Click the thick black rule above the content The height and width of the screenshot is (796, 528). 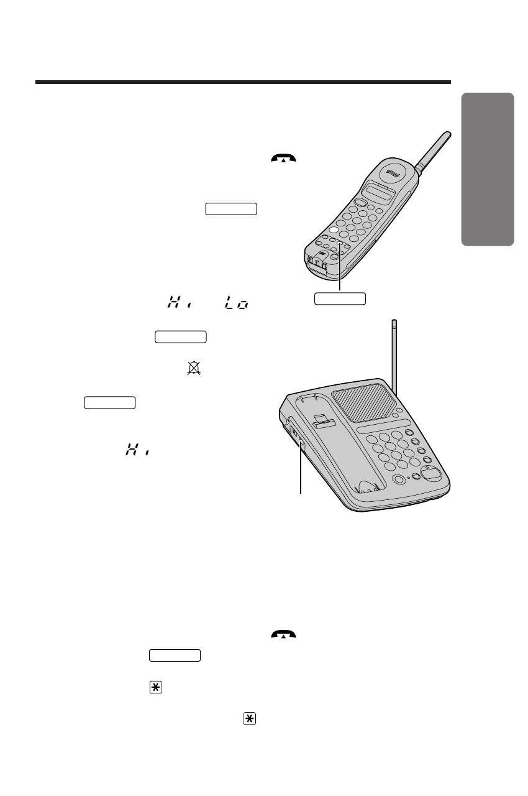pyautogui.click(x=242, y=81)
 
